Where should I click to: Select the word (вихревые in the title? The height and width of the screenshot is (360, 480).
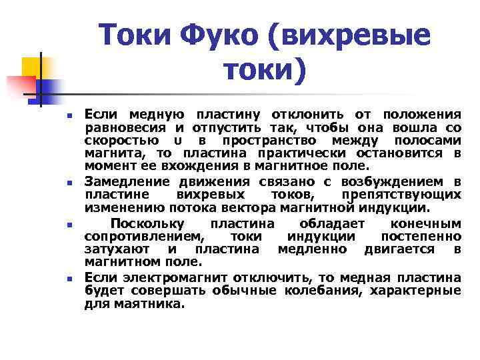pos(348,35)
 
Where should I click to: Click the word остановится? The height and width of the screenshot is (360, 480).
pos(409,153)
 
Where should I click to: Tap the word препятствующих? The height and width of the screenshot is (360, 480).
pos(401,195)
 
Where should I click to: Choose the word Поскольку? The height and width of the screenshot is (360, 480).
pos(147,223)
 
